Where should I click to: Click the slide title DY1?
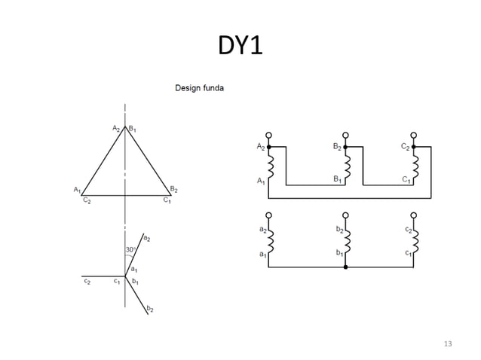(240, 46)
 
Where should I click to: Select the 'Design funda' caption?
(199, 88)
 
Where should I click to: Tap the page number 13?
(449, 344)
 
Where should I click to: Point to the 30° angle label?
(130, 249)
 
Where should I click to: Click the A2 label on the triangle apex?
(117, 129)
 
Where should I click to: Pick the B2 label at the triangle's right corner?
(174, 188)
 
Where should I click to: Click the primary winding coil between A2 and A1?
(270, 166)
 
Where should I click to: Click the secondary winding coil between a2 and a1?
(270, 241)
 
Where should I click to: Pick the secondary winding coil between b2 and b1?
(346, 241)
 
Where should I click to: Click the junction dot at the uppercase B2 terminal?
(346, 147)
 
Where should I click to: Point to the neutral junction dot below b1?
(346, 267)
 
